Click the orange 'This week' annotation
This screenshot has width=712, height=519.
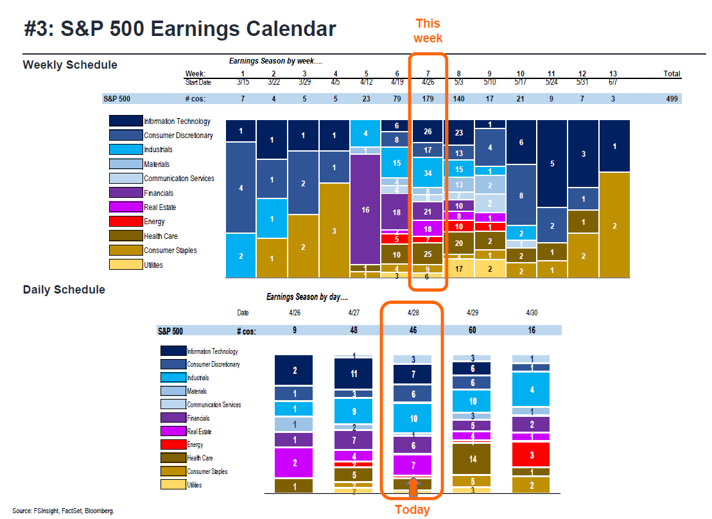428,31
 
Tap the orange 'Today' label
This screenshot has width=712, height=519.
412,509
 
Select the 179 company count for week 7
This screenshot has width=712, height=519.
428,99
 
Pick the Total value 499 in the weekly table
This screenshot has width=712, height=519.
672,99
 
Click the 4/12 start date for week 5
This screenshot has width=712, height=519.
365,82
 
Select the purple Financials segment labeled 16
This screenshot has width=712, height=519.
365,209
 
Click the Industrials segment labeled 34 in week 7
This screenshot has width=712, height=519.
428,173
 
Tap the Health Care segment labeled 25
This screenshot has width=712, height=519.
428,254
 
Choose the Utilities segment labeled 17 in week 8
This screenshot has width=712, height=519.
458,268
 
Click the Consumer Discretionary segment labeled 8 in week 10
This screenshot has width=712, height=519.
521,195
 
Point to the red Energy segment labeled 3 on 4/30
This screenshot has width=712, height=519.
530,455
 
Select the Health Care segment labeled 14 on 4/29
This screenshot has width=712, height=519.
473,459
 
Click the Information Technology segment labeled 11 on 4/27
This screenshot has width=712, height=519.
353,373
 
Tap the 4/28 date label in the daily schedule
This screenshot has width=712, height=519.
413,313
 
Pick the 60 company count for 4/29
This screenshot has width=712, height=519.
473,330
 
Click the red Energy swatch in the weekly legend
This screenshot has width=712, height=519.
125,222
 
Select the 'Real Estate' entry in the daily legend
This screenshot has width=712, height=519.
199,432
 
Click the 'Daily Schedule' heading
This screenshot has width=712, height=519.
64,290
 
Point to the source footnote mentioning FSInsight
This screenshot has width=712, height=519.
63,511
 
